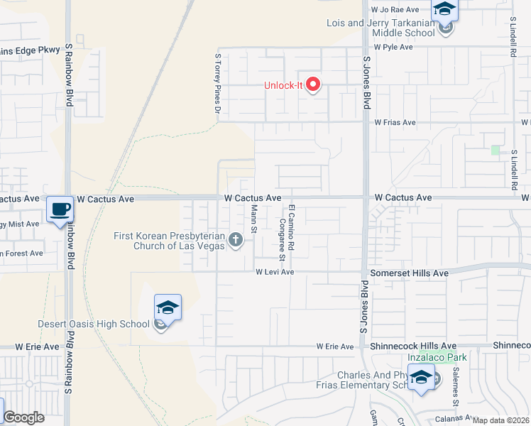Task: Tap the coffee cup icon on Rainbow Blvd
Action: (x=60, y=209)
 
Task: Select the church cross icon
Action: (x=236, y=242)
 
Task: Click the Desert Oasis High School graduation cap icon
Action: (x=168, y=307)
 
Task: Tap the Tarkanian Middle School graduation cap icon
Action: (x=445, y=9)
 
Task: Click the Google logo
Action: (x=24, y=417)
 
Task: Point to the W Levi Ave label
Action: (x=275, y=272)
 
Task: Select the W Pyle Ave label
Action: (x=393, y=47)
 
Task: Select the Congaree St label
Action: (x=282, y=239)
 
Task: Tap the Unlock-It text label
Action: (x=284, y=86)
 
